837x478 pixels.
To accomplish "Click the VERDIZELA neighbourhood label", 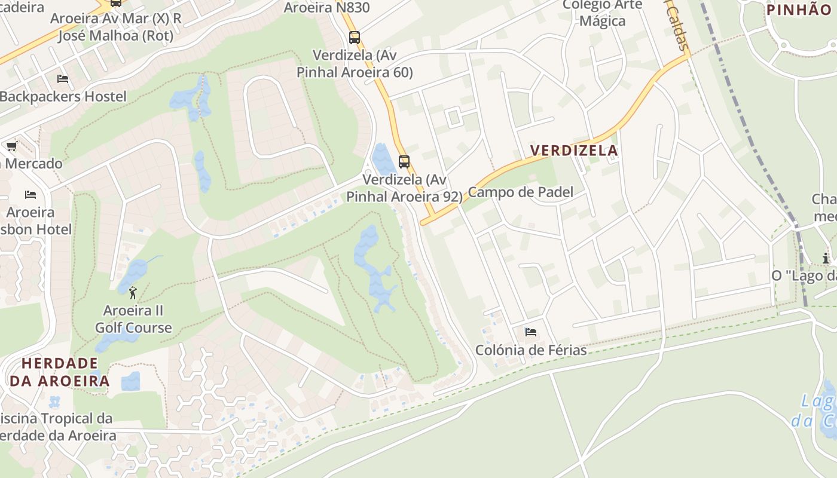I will (574, 151).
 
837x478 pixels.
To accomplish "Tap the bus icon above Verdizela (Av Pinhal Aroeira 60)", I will (355, 38).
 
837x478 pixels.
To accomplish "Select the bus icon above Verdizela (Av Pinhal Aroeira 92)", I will (404, 161).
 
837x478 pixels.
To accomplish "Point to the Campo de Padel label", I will (520, 192).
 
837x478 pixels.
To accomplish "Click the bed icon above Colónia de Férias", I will (530, 332).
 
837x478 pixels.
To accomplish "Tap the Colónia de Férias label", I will (531, 350).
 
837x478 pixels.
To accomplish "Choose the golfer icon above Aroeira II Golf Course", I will (133, 293).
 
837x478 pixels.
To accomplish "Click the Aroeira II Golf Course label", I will (133, 319).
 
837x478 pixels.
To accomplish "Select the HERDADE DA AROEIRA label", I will (60, 372).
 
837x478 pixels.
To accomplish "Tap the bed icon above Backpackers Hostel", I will (63, 79).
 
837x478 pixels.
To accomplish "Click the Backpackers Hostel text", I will (63, 97).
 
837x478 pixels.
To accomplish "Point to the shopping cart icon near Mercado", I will (11, 146).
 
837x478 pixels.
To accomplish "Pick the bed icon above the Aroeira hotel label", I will (30, 195).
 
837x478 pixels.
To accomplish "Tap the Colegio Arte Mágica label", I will (602, 13).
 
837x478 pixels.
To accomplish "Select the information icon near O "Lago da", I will (826, 258).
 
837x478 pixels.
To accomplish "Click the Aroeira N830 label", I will (326, 8).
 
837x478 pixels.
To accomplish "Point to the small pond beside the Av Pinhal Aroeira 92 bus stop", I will (383, 158).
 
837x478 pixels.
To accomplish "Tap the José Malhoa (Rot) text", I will (115, 36).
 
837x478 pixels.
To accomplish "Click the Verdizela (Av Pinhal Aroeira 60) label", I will (355, 64).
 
